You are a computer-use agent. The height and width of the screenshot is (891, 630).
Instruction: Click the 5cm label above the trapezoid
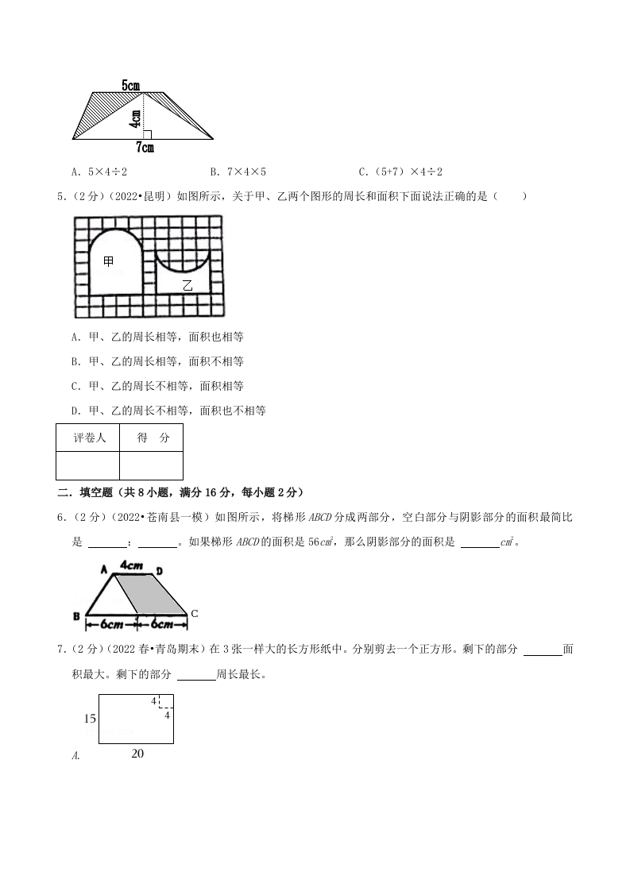coord(132,84)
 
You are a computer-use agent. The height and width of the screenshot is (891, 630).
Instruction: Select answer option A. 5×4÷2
coord(99,172)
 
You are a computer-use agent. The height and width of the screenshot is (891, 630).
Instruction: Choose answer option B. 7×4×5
coord(238,172)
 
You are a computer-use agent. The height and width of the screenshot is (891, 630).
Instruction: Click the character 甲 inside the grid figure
coord(109,260)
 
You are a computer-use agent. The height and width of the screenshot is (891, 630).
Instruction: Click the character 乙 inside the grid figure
coord(187,286)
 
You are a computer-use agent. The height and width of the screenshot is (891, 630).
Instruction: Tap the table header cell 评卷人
coord(89,438)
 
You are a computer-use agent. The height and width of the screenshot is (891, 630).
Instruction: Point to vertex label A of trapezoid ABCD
coord(104,569)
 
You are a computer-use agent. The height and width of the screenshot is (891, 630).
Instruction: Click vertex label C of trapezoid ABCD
coord(195,613)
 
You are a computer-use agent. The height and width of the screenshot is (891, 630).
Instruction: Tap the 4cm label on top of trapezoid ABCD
coord(131,565)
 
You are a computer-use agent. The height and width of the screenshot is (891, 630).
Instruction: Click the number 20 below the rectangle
coord(137,754)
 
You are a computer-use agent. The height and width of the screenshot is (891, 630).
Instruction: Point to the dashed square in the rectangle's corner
coord(166,701)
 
